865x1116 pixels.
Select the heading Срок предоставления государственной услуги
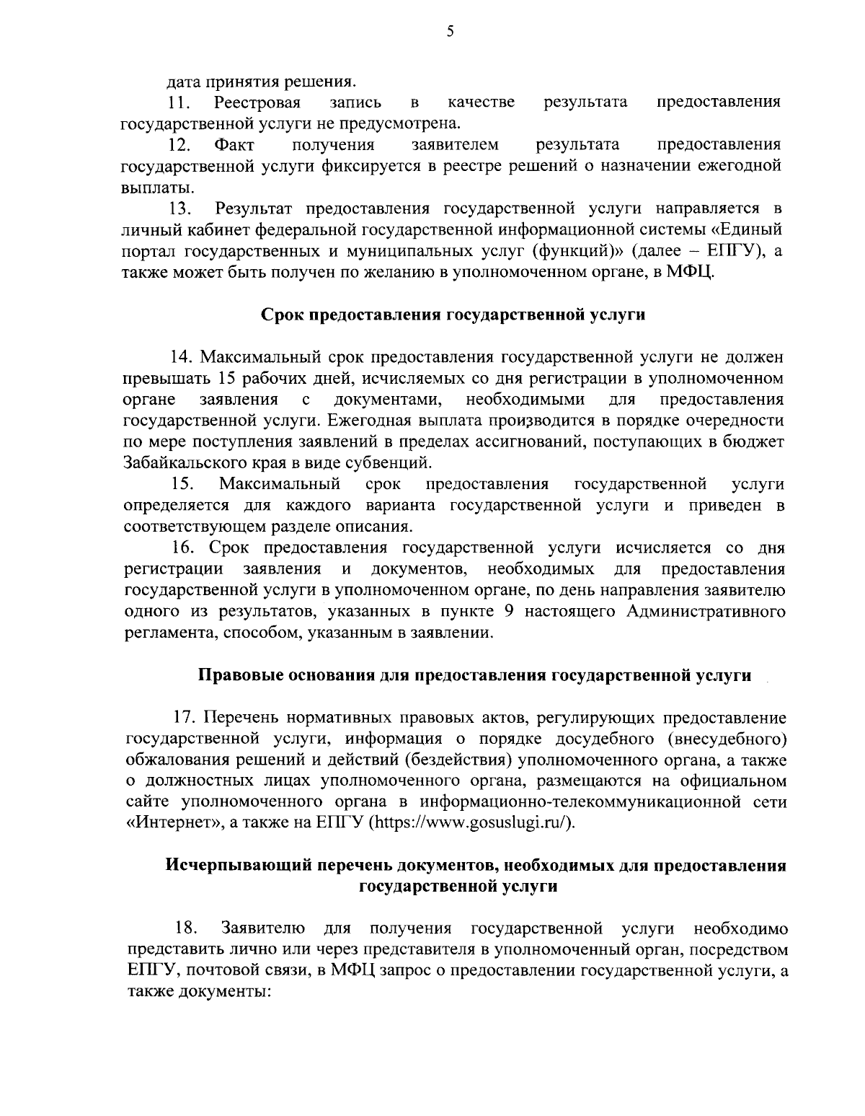(x=452, y=315)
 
